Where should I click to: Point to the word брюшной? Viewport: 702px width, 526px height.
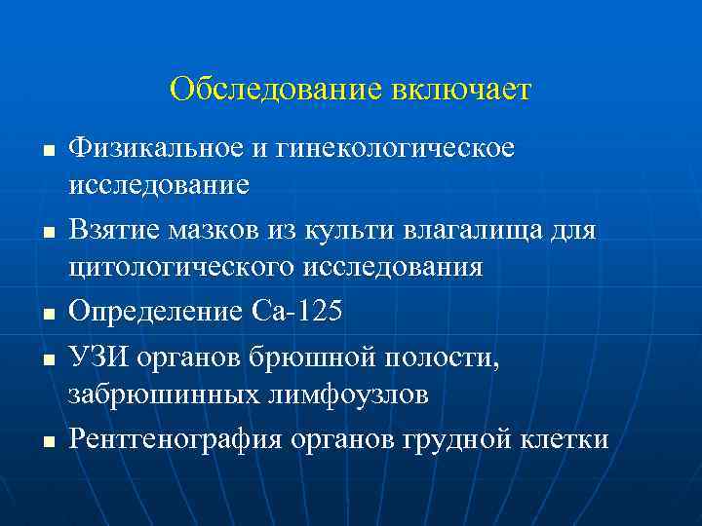coord(312,358)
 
